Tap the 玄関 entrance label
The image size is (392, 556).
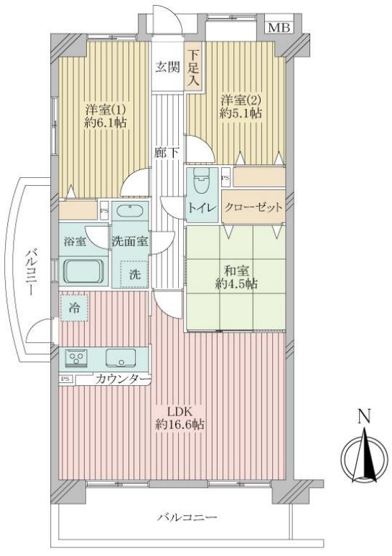click(x=167, y=67)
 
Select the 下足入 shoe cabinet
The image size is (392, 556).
click(x=193, y=67)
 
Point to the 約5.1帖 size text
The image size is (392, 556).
click(x=241, y=113)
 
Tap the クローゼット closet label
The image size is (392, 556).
click(x=253, y=207)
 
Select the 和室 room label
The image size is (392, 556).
click(x=236, y=271)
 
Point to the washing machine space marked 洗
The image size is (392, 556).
click(x=134, y=274)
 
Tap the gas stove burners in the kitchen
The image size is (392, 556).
click(x=76, y=358)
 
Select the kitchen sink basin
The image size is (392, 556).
click(x=121, y=357)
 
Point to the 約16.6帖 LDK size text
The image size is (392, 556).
click(x=179, y=425)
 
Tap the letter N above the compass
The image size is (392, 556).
click(x=364, y=416)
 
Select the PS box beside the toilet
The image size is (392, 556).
click(x=225, y=178)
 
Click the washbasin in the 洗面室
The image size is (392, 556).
click(x=129, y=212)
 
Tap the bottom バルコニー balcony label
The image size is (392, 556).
click(x=187, y=517)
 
